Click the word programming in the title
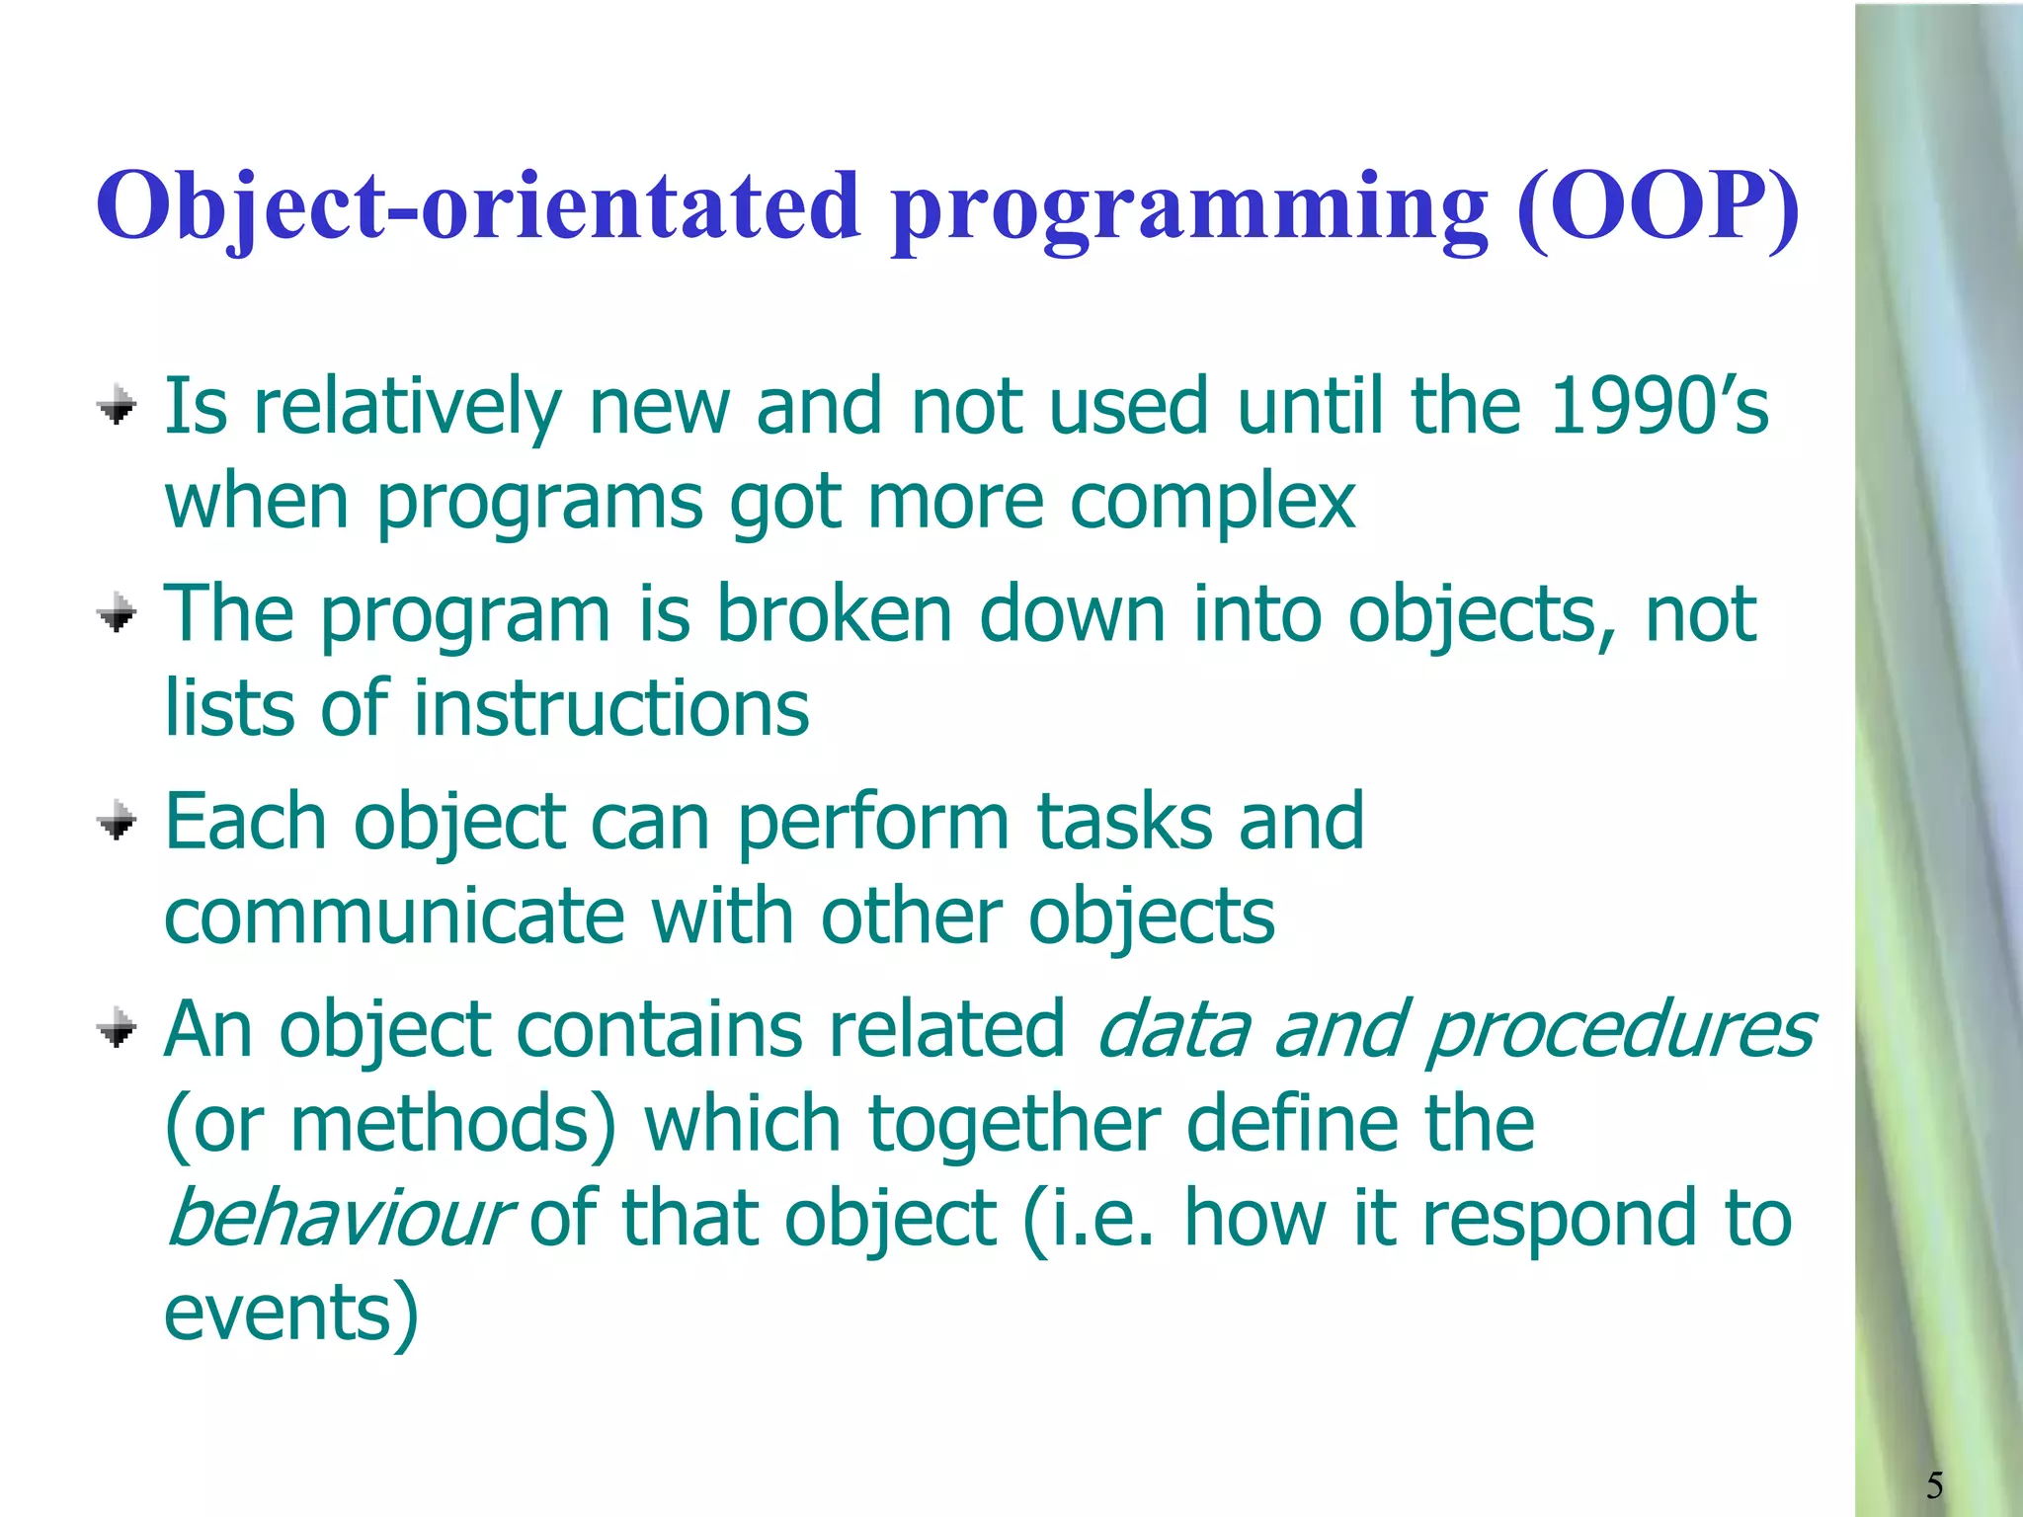click(x=1190, y=209)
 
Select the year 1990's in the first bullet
click(x=1659, y=407)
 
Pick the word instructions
click(x=611, y=709)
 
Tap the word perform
click(x=873, y=822)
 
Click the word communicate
click(x=394, y=917)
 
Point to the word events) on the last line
click(x=291, y=1314)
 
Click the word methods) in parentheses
click(x=453, y=1124)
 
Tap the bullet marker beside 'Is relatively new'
click(x=117, y=406)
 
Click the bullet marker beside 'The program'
click(x=117, y=613)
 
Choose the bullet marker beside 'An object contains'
click(x=117, y=1028)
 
